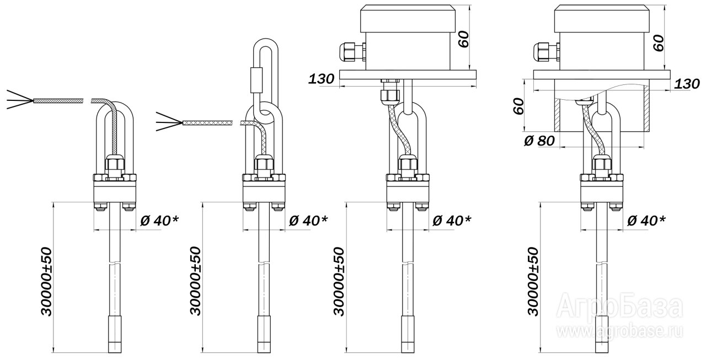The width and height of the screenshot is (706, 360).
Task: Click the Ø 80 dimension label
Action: point(538,141)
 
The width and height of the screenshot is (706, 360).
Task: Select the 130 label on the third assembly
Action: point(321,79)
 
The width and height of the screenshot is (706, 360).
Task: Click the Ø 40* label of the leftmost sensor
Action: point(159,221)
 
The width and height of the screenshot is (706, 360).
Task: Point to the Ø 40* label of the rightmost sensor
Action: point(646,221)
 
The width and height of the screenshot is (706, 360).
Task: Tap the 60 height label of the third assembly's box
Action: point(464,39)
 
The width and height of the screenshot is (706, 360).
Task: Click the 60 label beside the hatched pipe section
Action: point(517,105)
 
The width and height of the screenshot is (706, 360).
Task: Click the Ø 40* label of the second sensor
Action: point(308,221)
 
